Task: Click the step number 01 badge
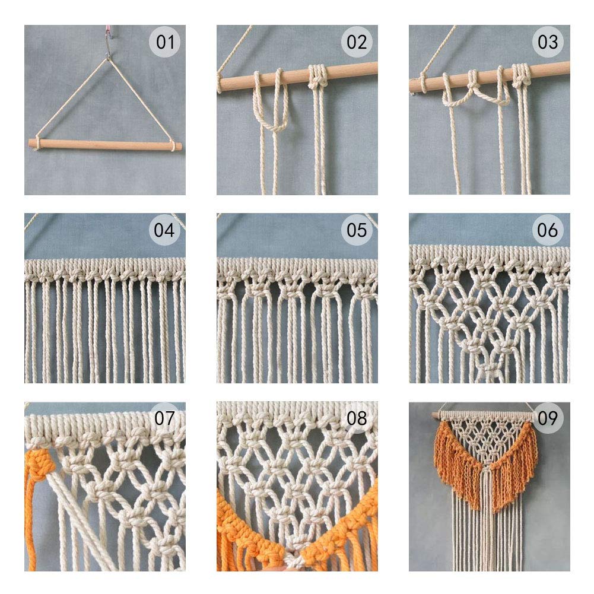click(x=165, y=42)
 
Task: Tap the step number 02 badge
click(x=357, y=42)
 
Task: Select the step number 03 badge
click(x=548, y=42)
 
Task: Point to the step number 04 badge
click(x=164, y=230)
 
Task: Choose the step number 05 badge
click(x=357, y=230)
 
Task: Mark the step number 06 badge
click(x=548, y=230)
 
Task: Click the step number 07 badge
click(x=165, y=418)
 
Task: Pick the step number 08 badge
click(x=357, y=418)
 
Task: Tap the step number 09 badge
click(x=548, y=418)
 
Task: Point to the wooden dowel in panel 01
click(x=105, y=145)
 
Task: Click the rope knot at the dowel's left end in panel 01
click(x=38, y=143)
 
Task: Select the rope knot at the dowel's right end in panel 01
click(x=173, y=146)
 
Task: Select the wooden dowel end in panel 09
click(x=436, y=415)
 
